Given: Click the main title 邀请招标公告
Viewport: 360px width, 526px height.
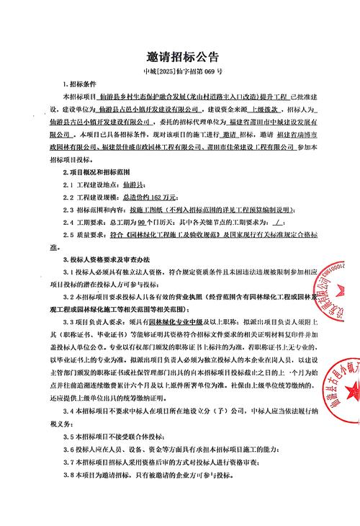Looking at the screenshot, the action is pyautogui.click(x=179, y=58).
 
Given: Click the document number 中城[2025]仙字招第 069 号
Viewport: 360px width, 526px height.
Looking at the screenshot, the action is pyautogui.click(x=179, y=73).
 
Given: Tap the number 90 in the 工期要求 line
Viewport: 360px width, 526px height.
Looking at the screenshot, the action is pyautogui.click(x=140, y=223).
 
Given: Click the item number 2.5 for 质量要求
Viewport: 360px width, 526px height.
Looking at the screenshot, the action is pyautogui.click(x=72, y=235).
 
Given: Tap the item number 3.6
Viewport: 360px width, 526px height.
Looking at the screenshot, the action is pyautogui.click(x=72, y=450).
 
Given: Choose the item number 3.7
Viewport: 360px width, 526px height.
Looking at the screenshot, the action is pyautogui.click(x=72, y=463).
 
